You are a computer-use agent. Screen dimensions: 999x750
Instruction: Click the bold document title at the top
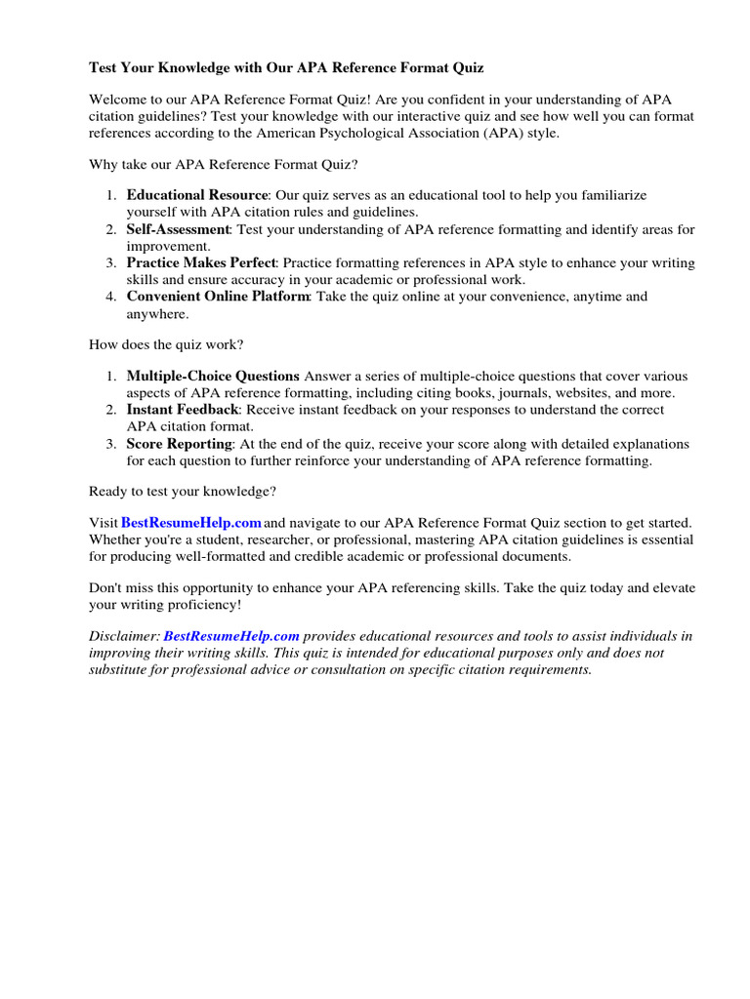pos(286,68)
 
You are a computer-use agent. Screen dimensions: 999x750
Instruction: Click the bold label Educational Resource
pos(196,196)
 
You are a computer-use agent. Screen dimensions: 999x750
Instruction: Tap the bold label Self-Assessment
pos(178,229)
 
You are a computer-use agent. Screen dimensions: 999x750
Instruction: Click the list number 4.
pos(111,297)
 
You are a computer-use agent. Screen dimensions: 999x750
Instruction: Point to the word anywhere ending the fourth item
pos(158,313)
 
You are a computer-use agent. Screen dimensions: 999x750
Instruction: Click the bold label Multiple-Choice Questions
pos(213,377)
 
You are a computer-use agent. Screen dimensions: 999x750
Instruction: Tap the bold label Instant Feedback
pos(182,410)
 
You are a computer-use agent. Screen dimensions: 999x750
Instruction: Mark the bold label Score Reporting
pos(179,444)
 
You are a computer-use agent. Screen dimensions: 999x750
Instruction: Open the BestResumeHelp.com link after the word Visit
pos(191,524)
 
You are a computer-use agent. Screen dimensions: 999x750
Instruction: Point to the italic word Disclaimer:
pos(124,636)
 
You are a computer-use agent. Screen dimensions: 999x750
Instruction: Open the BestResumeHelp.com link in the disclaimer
pos(231,636)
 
